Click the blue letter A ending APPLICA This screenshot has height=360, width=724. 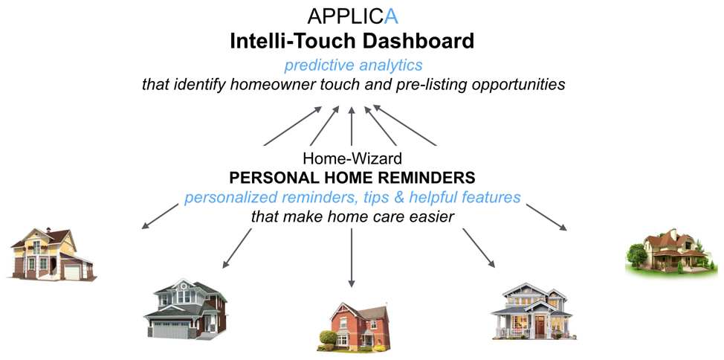391,16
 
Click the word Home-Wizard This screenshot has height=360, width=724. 352,158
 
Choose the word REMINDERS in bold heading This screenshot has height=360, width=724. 424,178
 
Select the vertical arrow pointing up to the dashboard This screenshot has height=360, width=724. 352,126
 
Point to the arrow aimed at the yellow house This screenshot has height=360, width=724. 160,216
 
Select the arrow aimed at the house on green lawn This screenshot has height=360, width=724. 546,216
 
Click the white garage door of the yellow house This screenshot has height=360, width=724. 72,271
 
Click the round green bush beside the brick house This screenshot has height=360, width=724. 328,338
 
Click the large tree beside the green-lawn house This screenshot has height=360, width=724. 637,255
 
